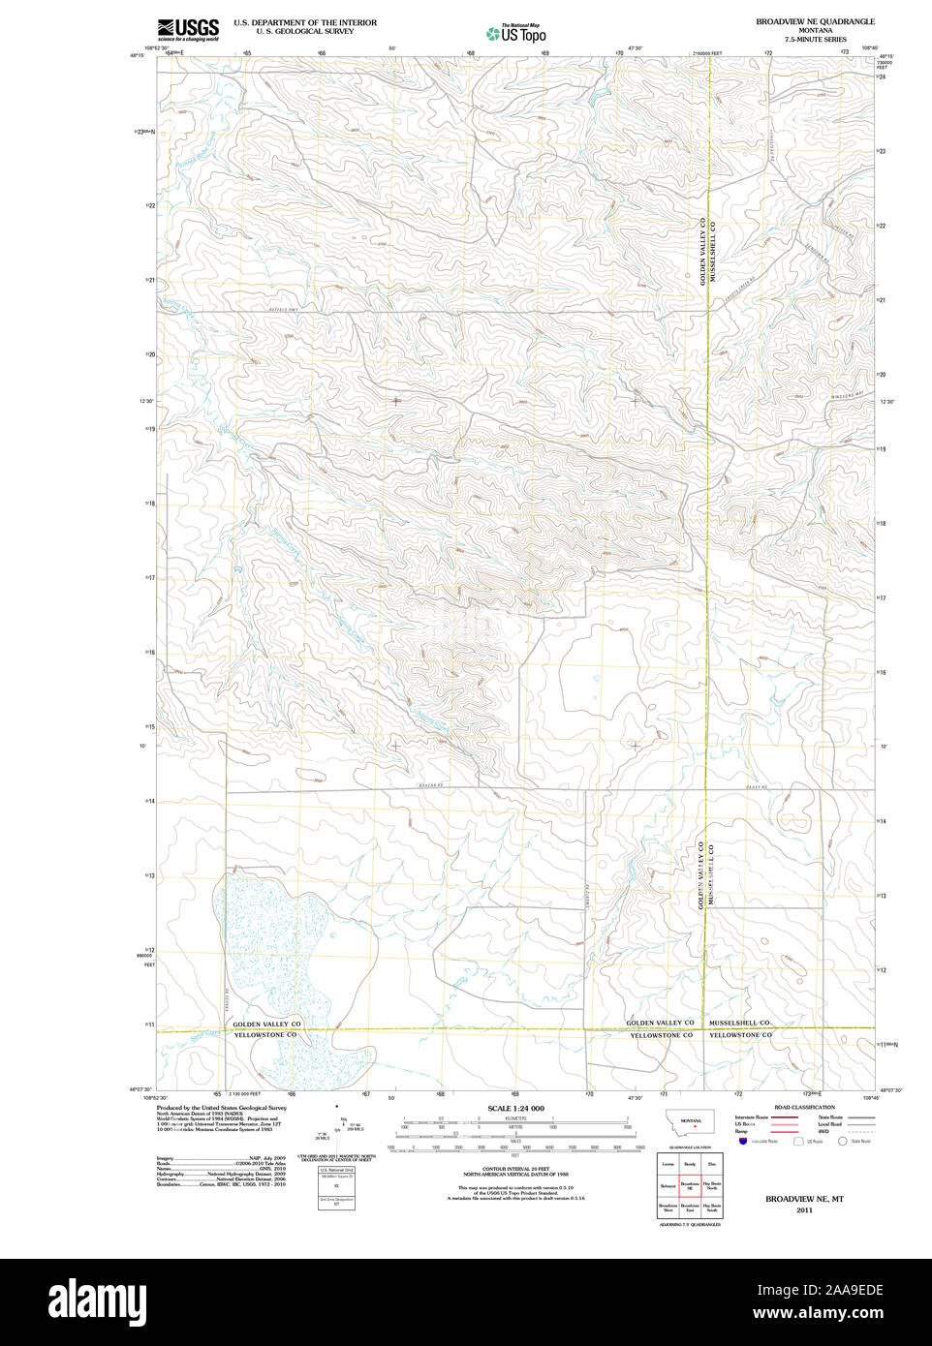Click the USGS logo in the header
click(188, 29)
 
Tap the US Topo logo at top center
click(516, 34)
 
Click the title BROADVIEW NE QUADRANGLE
click(815, 21)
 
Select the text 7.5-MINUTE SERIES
click(815, 40)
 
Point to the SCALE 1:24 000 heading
click(515, 1108)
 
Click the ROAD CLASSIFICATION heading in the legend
click(804, 1107)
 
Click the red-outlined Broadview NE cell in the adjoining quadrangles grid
click(690, 1185)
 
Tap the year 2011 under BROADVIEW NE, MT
click(804, 1210)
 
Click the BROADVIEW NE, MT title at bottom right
click(804, 1199)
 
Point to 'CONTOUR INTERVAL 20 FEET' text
click(515, 1169)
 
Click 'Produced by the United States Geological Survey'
click(222, 1108)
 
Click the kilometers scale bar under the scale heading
click(515, 1122)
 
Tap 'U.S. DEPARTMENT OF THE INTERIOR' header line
click(305, 22)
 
